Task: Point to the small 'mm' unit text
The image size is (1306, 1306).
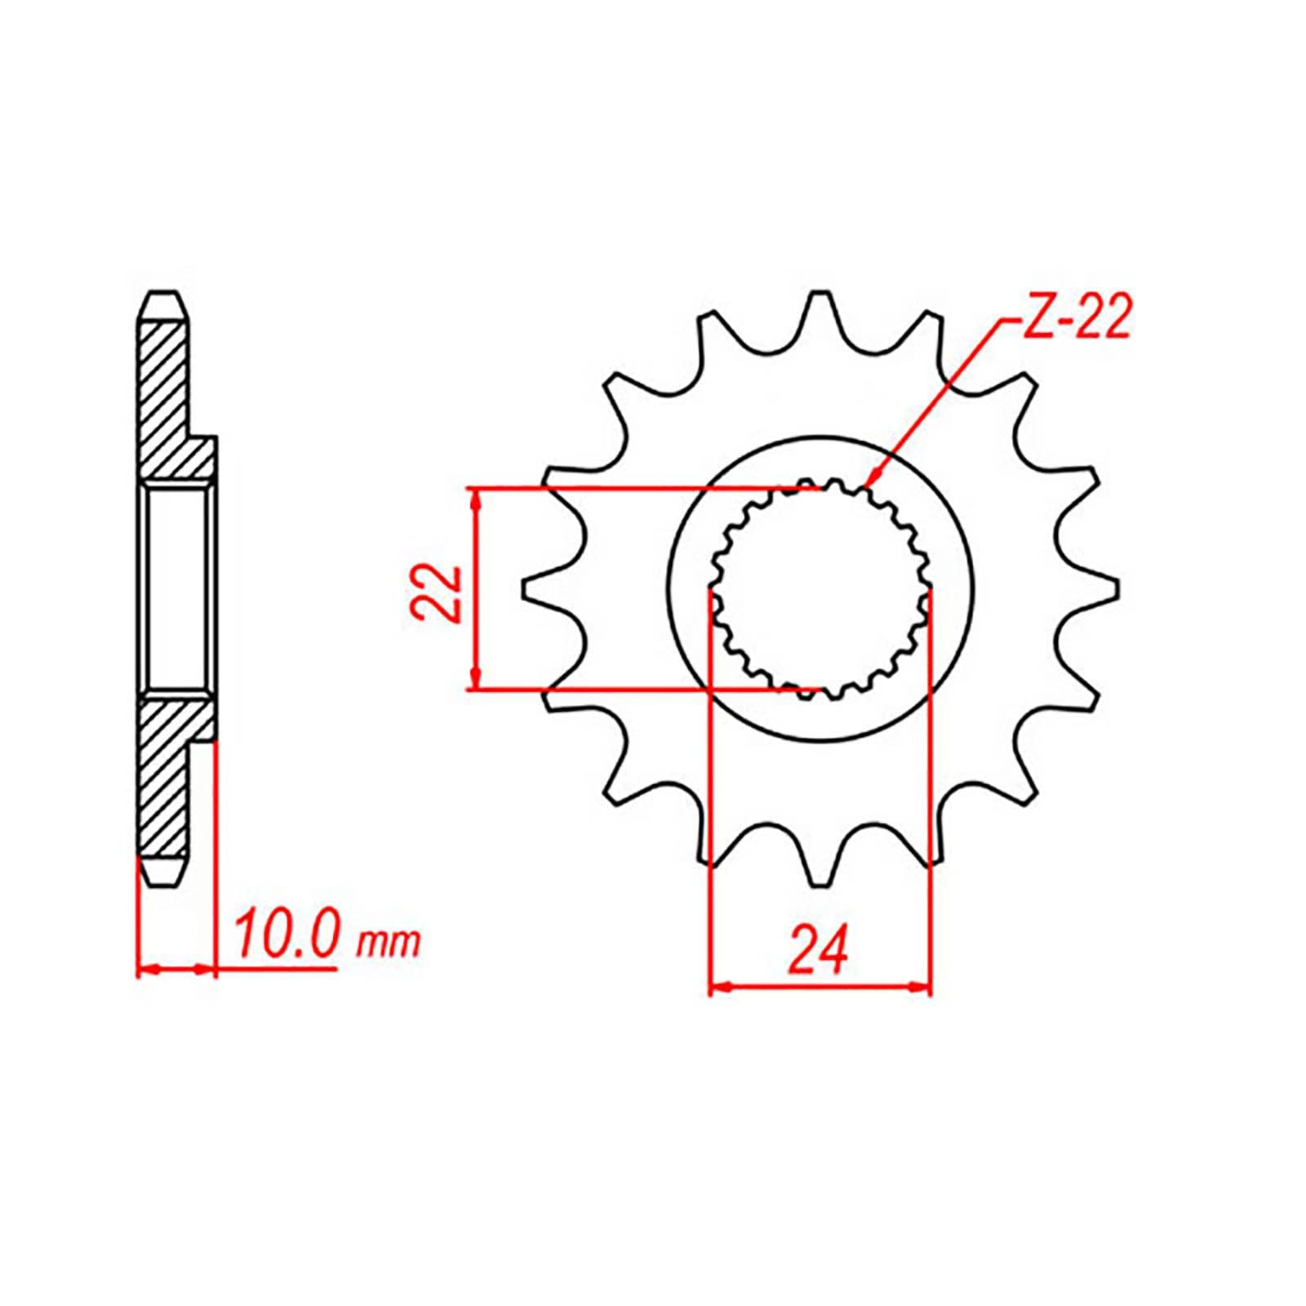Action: pyautogui.click(x=389, y=943)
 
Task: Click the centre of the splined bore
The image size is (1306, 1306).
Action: pyautogui.click(x=820, y=588)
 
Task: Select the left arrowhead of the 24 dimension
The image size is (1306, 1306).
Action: pyautogui.click(x=717, y=988)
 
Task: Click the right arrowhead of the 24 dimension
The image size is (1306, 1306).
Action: pyautogui.click(x=922, y=988)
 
